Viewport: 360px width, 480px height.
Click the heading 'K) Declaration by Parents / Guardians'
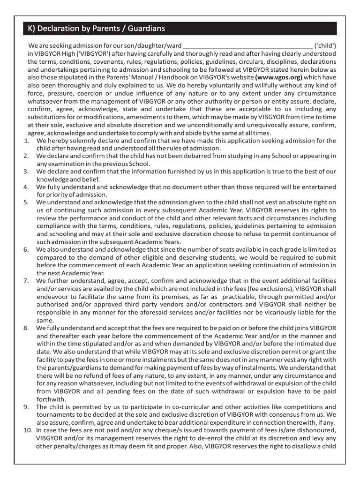(x=95, y=29)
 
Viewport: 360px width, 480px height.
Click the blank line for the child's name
(x=247, y=46)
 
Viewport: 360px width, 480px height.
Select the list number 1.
(x=27, y=141)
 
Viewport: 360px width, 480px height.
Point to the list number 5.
(x=27, y=202)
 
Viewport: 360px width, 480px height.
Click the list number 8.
(x=27, y=327)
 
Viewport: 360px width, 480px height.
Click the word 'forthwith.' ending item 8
(x=51, y=399)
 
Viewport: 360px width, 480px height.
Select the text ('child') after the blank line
(x=325, y=46)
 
